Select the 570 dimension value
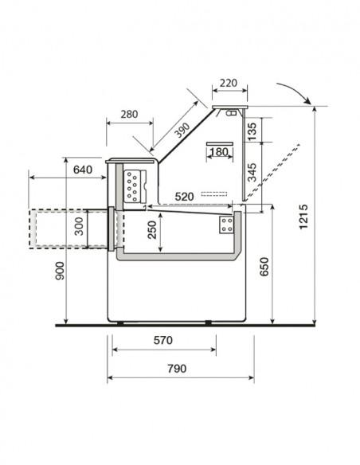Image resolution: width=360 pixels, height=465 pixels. [162, 341]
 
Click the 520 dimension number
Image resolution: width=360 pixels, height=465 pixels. [185, 196]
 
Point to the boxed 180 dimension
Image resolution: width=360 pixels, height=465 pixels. [217, 150]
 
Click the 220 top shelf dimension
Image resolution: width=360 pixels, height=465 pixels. [229, 82]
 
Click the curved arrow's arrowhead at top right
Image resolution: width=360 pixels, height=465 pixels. [307, 104]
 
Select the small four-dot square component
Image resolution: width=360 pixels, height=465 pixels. [227, 225]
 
